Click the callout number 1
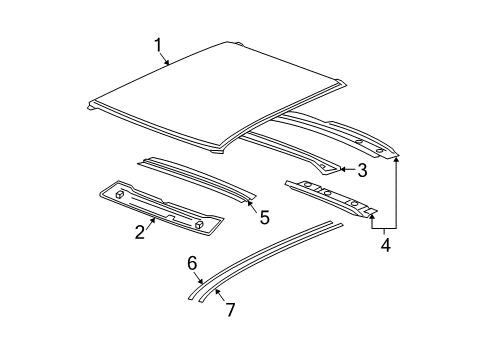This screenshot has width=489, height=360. [158, 44]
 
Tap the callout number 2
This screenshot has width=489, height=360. [141, 233]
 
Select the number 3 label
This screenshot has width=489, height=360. [362, 170]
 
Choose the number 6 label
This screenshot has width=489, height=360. [192, 265]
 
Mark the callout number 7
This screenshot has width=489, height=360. [230, 310]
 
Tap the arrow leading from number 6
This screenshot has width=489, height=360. [198, 280]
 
